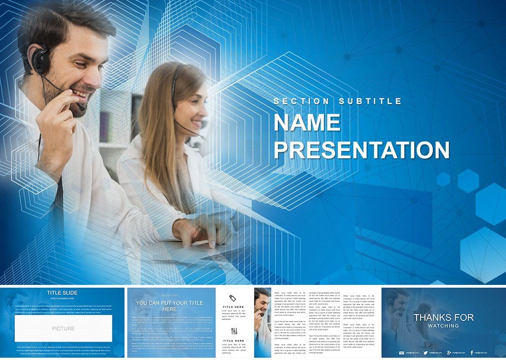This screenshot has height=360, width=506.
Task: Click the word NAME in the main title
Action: click(307, 123)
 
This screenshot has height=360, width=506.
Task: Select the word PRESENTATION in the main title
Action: click(361, 150)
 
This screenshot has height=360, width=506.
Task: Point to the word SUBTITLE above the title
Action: click(370, 101)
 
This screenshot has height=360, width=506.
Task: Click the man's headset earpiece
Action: click(39, 58)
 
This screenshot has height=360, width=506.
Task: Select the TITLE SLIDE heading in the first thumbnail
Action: click(62, 293)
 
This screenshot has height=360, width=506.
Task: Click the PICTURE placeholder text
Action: click(63, 328)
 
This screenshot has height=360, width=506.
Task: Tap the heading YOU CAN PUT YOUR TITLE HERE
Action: click(169, 306)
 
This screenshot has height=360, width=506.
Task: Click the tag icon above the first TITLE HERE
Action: click(233, 298)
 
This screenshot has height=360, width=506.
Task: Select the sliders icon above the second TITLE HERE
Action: click(233, 331)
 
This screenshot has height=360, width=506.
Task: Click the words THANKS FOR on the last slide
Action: click(443, 317)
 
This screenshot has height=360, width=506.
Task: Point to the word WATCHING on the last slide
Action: click(443, 326)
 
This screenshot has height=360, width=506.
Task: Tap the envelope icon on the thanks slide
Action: click(401, 353)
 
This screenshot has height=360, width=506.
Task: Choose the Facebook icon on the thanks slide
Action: click(471, 353)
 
